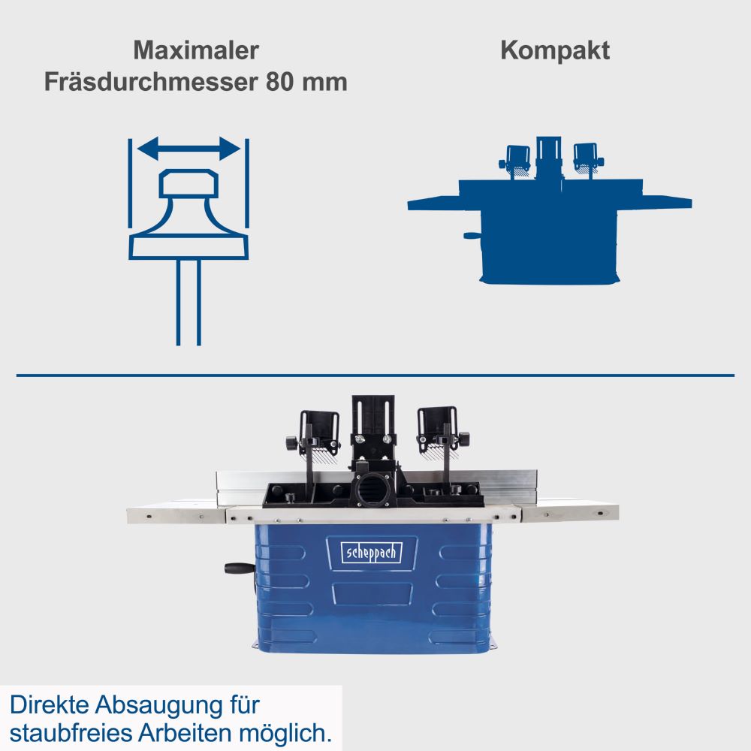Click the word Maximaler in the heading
click(x=196, y=51)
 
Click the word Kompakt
click(x=555, y=51)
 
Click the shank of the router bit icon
click(x=189, y=300)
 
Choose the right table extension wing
click(x=571, y=513)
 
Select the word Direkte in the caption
click(x=49, y=706)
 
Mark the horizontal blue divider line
click(x=375, y=374)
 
